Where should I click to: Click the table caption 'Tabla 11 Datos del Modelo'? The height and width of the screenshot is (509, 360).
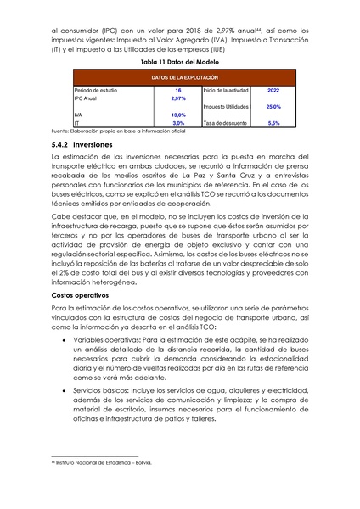coord(179,63)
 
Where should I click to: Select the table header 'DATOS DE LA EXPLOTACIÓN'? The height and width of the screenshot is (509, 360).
coord(179,78)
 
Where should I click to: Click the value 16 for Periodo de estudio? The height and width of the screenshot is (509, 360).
coord(178,89)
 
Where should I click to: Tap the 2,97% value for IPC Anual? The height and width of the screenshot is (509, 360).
coord(178,98)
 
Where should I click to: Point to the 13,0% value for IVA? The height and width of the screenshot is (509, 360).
coord(178,115)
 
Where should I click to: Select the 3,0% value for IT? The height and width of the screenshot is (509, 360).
coord(178,123)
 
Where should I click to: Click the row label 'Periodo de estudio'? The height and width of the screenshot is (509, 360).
coord(93,89)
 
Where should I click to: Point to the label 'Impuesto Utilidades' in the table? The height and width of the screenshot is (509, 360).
coord(226,107)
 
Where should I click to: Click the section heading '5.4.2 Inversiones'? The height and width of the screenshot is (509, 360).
coord(87,145)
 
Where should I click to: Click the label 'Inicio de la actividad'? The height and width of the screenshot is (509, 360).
coord(226,89)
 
